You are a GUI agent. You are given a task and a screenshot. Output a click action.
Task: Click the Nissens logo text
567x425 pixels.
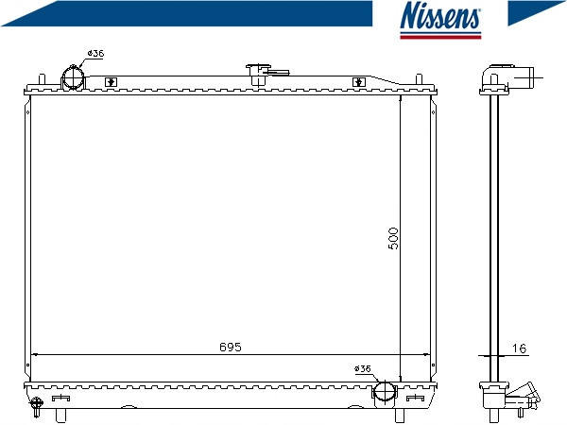click(440, 15)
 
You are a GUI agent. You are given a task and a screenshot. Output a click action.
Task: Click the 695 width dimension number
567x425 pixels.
click(231, 347)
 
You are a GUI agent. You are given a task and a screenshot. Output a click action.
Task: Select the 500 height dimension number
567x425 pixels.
click(393, 239)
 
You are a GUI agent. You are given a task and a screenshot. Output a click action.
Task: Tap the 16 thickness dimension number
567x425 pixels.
click(519, 348)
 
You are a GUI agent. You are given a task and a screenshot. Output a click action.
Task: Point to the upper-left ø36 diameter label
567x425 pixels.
click(95, 54)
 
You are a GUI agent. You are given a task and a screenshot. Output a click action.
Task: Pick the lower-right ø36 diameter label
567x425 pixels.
click(363, 368)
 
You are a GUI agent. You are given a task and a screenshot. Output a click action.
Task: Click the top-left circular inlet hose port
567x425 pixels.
click(73, 77)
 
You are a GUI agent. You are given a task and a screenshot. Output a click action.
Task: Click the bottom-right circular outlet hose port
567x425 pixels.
click(385, 393)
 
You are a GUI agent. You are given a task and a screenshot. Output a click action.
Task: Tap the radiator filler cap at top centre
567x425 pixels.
click(258, 74)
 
